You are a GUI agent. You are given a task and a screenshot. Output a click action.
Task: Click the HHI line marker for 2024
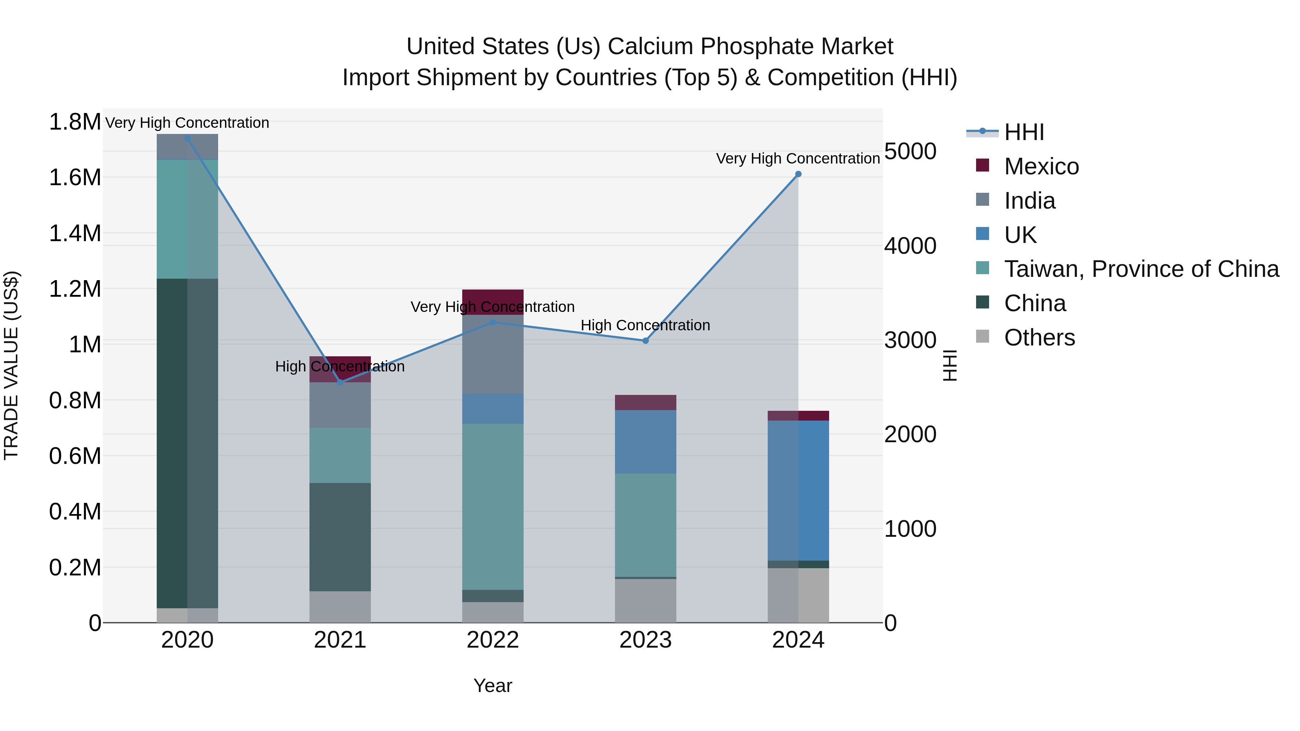798,174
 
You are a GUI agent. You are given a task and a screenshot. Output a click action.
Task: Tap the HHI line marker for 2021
340,382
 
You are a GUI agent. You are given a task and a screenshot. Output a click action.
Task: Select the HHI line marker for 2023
645,340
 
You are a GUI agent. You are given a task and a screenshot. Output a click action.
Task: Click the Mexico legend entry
1041,166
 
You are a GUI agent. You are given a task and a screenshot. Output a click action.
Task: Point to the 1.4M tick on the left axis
75,234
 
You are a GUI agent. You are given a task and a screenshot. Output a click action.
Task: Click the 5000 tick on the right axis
910,151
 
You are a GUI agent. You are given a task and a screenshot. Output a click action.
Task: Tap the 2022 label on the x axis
493,640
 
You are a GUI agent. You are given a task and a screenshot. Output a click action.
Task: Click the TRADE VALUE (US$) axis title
12,365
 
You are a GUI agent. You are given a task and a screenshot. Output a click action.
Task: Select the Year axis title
493,686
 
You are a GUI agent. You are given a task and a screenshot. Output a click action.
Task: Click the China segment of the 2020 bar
187,443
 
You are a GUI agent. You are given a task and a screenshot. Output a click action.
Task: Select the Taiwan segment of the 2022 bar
493,506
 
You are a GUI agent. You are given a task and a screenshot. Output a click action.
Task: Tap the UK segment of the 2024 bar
798,490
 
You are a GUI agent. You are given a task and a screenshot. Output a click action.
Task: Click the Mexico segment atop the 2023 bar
645,402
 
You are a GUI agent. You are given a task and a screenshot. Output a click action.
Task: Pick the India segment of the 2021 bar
340,405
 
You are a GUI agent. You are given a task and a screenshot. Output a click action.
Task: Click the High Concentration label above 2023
645,325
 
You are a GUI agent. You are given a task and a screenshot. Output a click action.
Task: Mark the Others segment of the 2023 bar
645,600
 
